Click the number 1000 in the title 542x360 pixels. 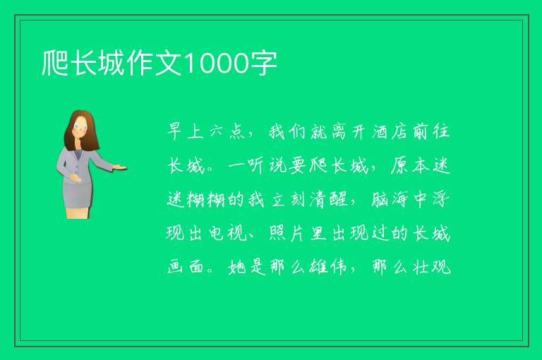coord(217,64)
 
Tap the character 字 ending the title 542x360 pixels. coord(264,64)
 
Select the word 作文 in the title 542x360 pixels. coord(154,64)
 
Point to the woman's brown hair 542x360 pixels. coord(80,131)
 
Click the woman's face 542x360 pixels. coord(80,126)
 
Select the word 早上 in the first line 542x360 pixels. coord(186,132)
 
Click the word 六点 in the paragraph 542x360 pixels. coord(227,132)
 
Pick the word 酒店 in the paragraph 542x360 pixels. coord(391,132)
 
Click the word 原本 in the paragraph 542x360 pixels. coord(410,166)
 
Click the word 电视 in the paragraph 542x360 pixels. coord(228,234)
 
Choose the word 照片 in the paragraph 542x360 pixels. coord(287,234)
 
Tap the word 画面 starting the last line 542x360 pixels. coord(186,267)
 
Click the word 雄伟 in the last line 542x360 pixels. coord(327,267)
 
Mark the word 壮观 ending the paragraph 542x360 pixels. coord(432,267)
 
